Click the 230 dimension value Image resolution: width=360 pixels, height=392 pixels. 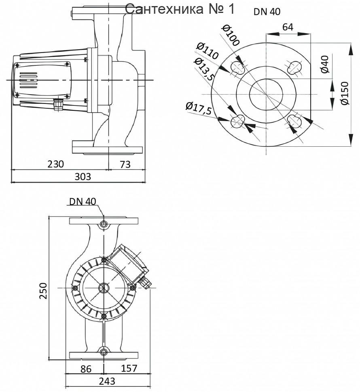tap(56, 164)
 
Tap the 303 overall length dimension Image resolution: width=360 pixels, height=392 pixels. tap(83, 177)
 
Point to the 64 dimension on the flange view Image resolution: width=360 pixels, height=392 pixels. tap(288, 27)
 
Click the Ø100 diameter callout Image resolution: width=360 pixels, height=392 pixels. tap(231, 35)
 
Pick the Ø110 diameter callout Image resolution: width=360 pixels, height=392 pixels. tap(207, 51)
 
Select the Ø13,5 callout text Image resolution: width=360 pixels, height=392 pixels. tap(204, 69)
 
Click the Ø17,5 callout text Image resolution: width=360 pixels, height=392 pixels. tap(199, 108)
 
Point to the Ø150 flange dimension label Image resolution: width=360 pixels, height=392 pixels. tap(345, 93)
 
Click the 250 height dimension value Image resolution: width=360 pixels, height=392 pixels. tap(43, 290)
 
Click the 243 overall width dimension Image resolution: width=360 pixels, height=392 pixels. tap(107, 381)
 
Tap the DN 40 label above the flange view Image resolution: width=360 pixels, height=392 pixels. tap(267, 12)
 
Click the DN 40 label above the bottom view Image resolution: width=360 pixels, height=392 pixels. tap(83, 201)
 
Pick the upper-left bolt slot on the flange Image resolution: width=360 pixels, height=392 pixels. tap(238, 67)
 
